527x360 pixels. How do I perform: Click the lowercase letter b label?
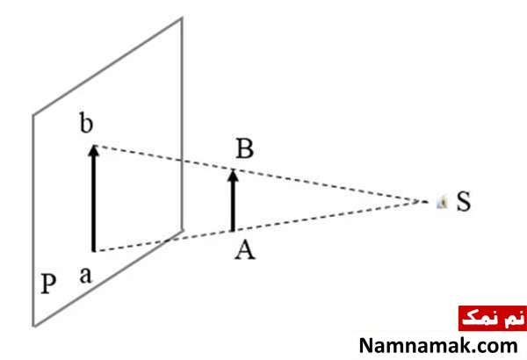[x=86, y=123]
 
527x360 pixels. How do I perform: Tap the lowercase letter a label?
[x=86, y=276]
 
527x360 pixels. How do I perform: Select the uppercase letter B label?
[x=245, y=148]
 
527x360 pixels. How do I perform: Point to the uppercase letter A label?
[x=245, y=250]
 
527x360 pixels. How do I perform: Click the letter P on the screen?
[x=48, y=284]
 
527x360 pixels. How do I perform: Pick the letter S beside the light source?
[x=464, y=201]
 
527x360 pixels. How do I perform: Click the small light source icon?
[x=442, y=202]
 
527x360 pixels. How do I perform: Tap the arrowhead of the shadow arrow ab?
[x=94, y=150]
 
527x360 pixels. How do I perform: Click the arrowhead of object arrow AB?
[x=233, y=176]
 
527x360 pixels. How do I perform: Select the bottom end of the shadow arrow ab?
[x=94, y=251]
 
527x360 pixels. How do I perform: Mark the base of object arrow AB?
[x=232, y=230]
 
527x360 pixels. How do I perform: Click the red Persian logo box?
[x=493, y=318]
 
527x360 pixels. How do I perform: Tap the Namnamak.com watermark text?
[x=438, y=346]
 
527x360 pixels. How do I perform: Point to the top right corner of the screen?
[x=182, y=18]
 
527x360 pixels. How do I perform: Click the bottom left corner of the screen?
[x=34, y=326]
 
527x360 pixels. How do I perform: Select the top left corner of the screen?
[x=33, y=115]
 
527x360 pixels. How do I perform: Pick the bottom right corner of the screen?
[x=183, y=230]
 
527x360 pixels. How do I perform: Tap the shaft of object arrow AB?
[x=232, y=206]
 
